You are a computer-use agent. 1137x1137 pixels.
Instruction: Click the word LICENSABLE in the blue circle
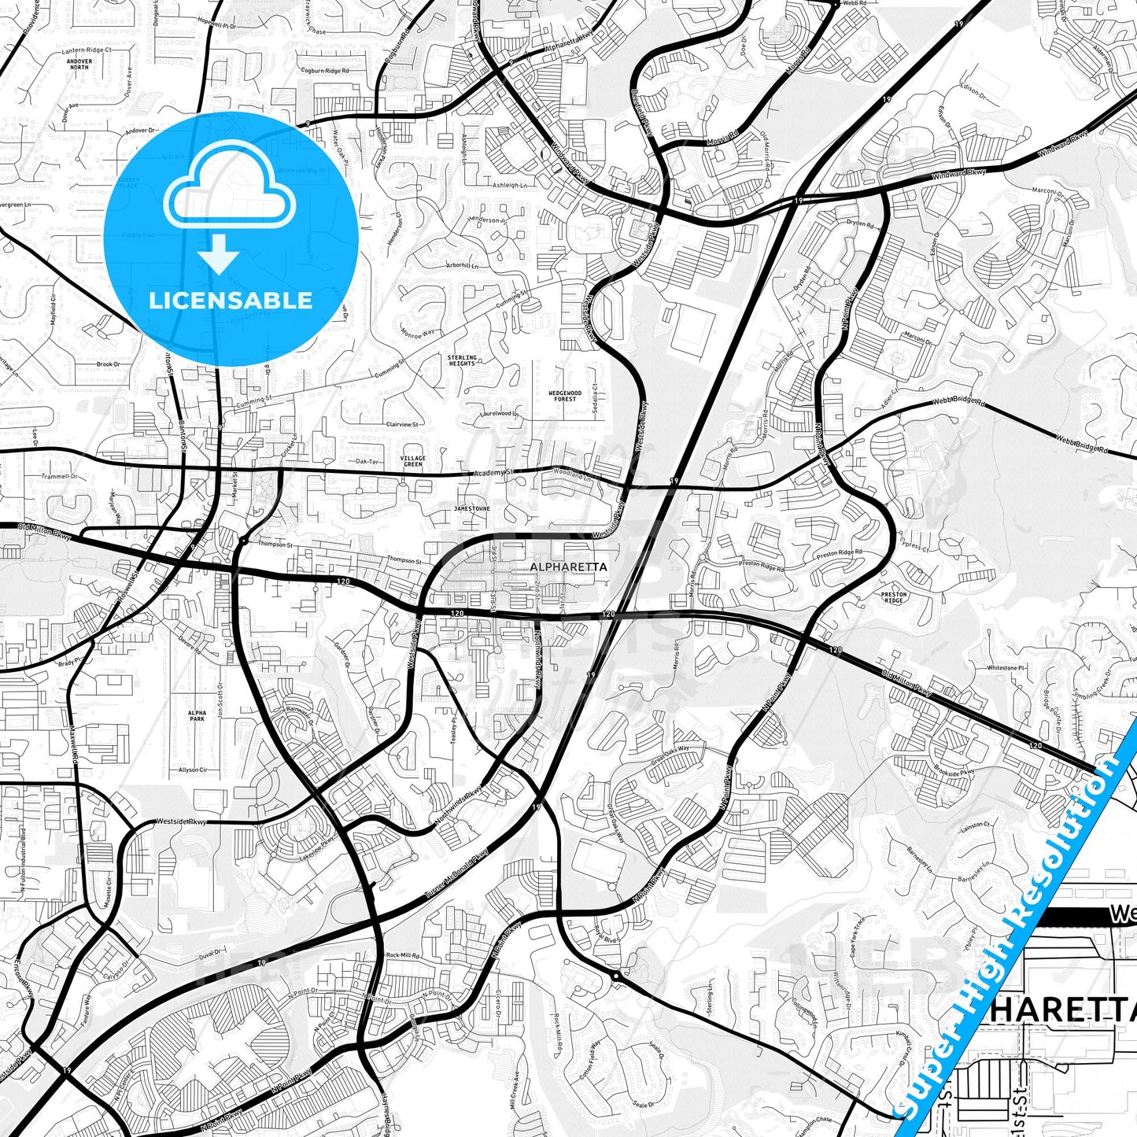pos(231,301)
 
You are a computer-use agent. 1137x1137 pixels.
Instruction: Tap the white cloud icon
pos(229,190)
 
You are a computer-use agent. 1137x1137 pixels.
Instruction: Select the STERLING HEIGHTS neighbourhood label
pos(462,360)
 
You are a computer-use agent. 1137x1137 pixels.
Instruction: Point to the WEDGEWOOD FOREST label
pos(565,396)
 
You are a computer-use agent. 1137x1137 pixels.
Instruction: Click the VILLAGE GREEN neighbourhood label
pos(413,460)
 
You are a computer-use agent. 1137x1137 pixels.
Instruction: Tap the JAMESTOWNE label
pos(472,509)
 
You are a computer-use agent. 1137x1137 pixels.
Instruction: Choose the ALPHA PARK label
pos(197,715)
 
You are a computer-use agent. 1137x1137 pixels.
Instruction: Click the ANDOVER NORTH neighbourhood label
pos(79,65)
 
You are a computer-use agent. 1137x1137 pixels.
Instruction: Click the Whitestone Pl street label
pos(1006,668)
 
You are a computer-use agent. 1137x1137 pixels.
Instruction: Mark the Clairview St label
pos(402,424)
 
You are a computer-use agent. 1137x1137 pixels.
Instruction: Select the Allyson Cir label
pos(194,770)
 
